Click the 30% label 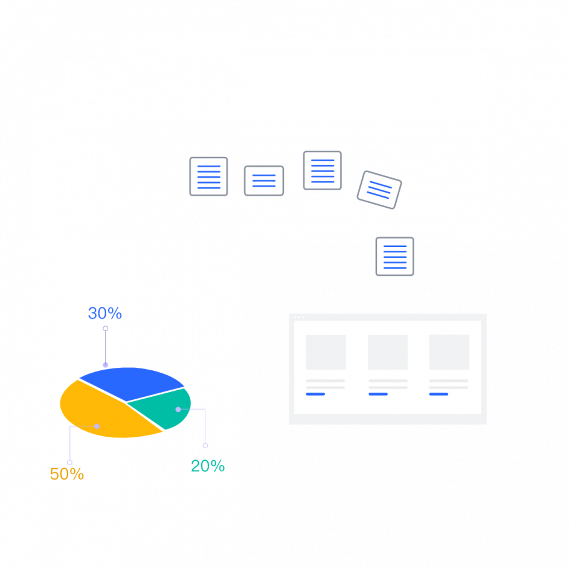pyautogui.click(x=105, y=313)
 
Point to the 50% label pyautogui.click(x=67, y=474)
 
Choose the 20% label pyautogui.click(x=208, y=466)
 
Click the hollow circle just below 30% pyautogui.click(x=106, y=329)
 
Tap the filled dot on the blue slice pyautogui.click(x=106, y=365)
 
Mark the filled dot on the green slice pyautogui.click(x=178, y=410)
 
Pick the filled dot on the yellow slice pyautogui.click(x=97, y=426)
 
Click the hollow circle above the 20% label pyautogui.click(x=205, y=446)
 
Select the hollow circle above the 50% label pyautogui.click(x=69, y=462)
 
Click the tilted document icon pyautogui.click(x=379, y=190)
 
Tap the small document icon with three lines pyautogui.click(x=264, y=181)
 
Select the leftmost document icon pyautogui.click(x=208, y=176)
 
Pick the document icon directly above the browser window pyautogui.click(x=395, y=257)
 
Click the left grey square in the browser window pyautogui.click(x=326, y=352)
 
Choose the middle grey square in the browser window pyautogui.click(x=388, y=352)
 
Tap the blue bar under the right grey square pyautogui.click(x=439, y=394)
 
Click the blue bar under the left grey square pyautogui.click(x=315, y=394)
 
